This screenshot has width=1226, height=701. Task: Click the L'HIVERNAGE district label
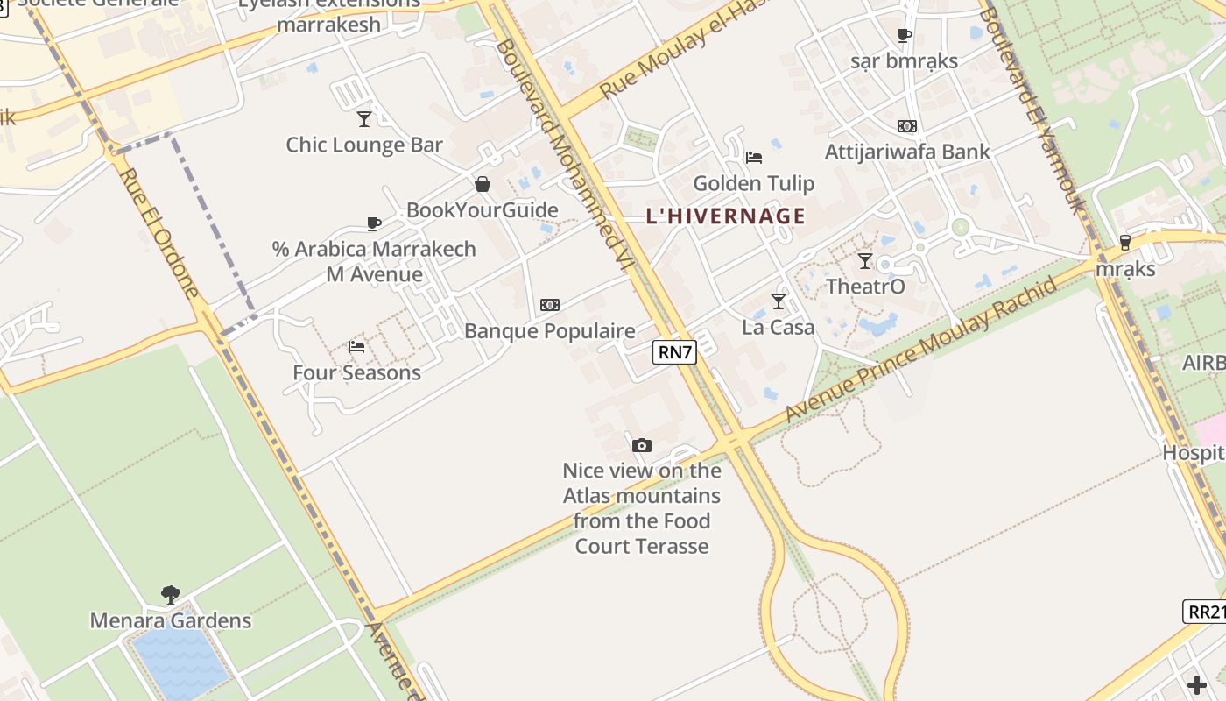tap(725, 216)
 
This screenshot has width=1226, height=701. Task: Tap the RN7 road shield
tap(675, 353)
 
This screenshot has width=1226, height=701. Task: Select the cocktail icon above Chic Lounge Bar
tap(364, 119)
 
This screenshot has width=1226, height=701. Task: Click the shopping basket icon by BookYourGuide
tap(482, 184)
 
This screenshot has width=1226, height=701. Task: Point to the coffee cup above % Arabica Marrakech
tap(374, 223)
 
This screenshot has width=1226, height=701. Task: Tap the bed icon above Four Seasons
tap(356, 347)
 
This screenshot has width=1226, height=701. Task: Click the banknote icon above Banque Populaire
tap(550, 305)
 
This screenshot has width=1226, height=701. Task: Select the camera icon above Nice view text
tap(642, 445)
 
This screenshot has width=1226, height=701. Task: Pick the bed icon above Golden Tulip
tap(754, 158)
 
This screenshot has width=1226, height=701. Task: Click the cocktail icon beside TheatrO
tap(865, 260)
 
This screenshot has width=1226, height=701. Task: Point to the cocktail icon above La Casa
tap(779, 301)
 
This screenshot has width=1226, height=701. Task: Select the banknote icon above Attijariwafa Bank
tap(907, 126)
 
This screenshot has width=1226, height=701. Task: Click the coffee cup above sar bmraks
tap(905, 35)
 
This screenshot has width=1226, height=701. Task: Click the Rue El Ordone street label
tap(159, 232)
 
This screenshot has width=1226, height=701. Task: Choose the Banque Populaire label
tap(550, 331)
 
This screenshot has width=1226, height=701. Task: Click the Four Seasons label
tap(356, 372)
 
